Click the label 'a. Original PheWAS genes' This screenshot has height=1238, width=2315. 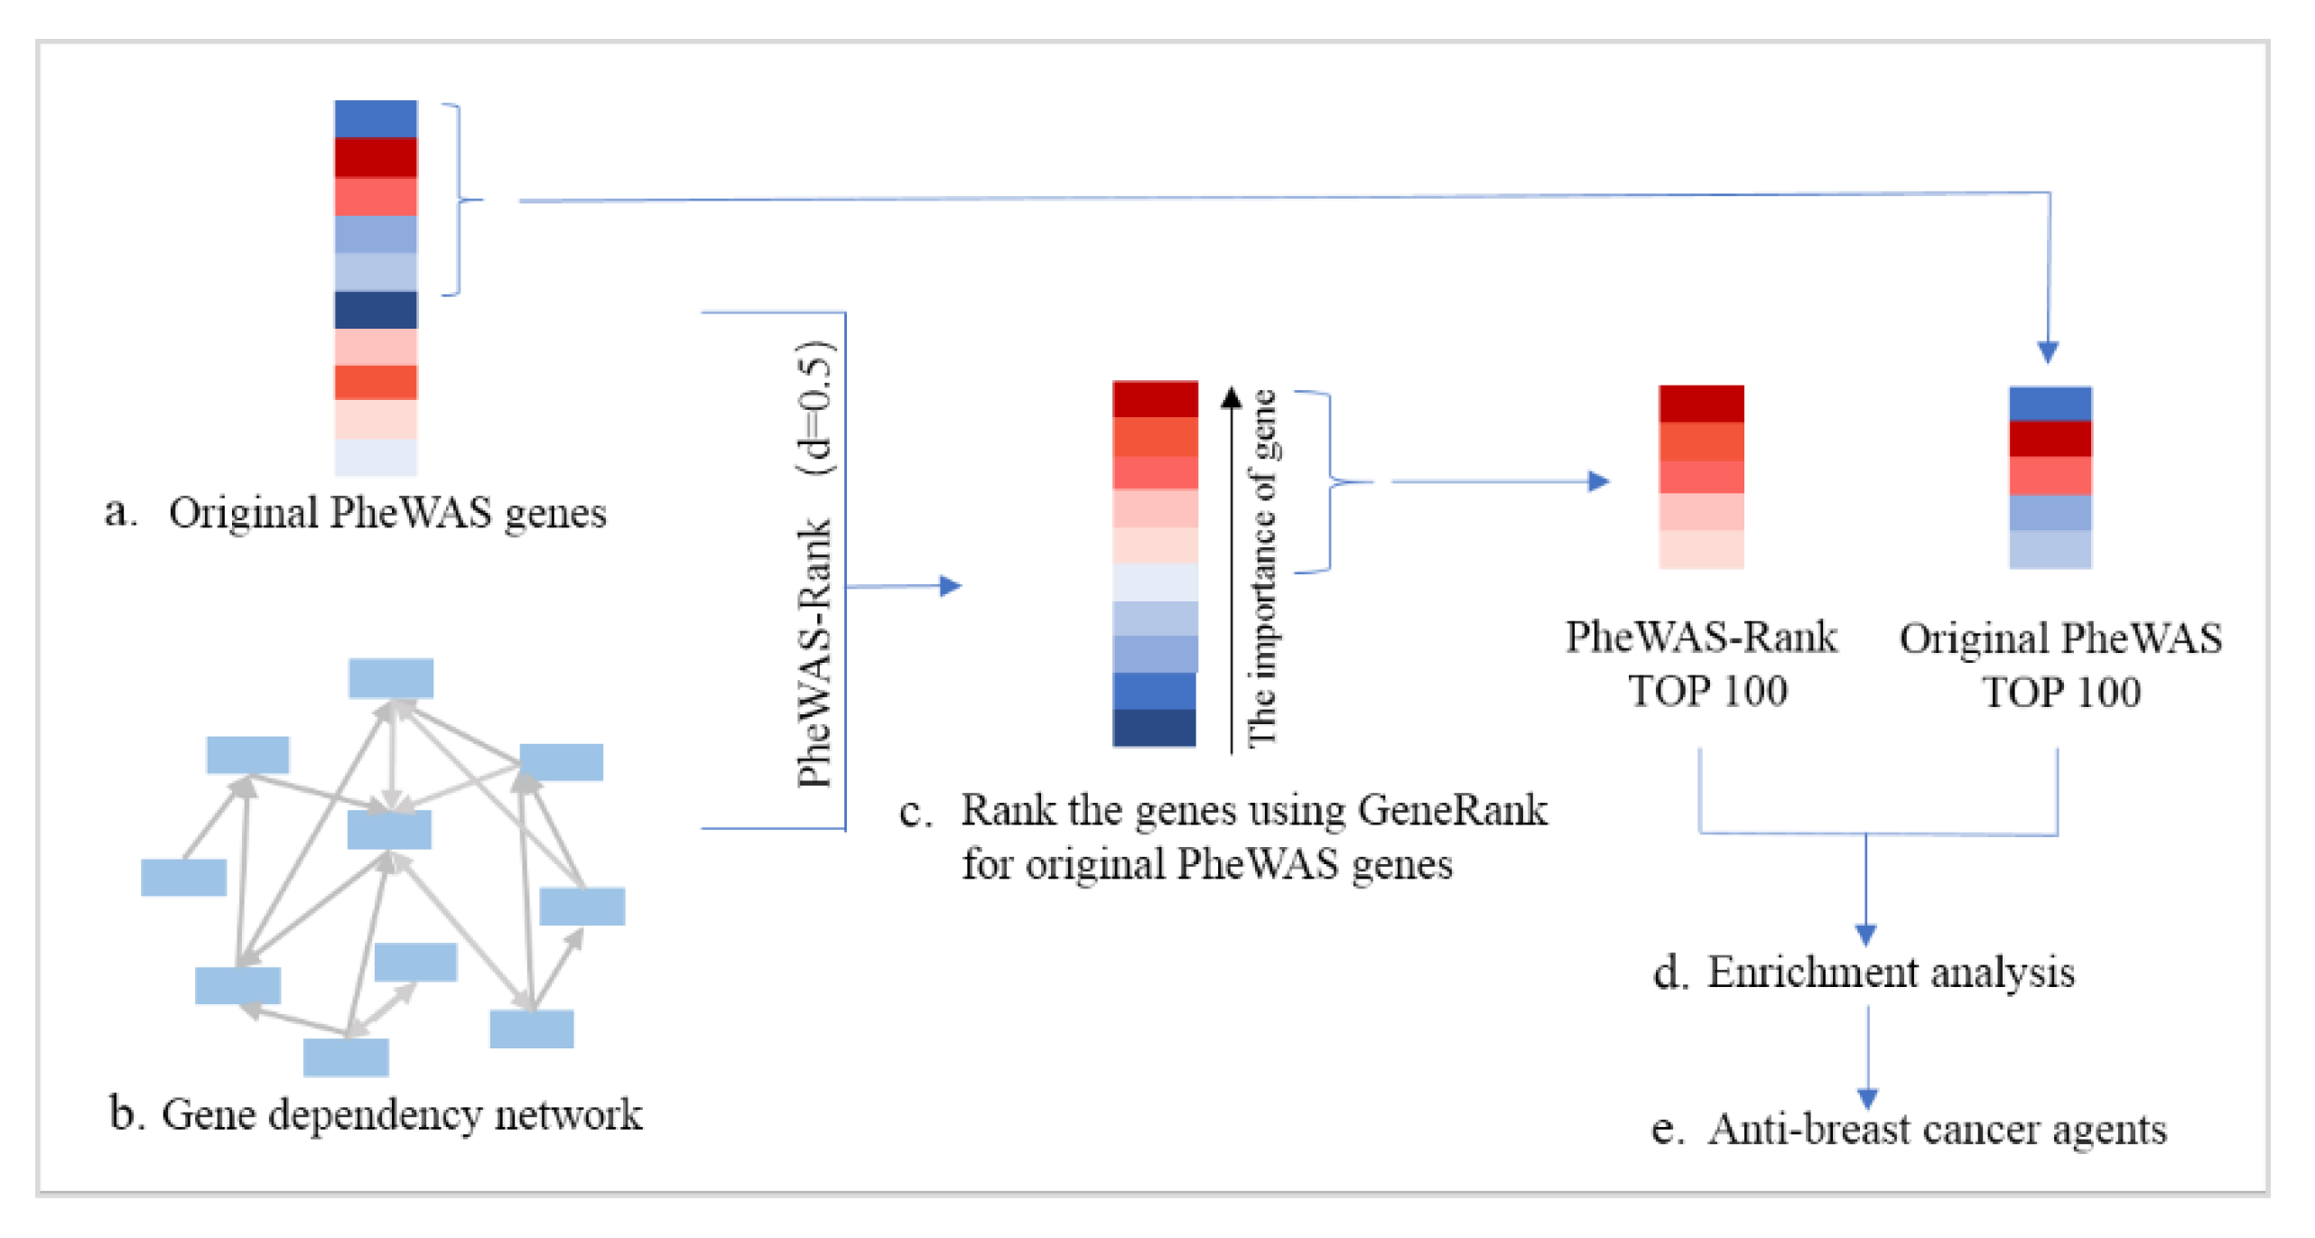[x=356, y=513]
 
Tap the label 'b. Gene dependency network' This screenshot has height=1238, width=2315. [x=375, y=1114]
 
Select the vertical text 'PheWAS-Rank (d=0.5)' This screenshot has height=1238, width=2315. [x=815, y=564]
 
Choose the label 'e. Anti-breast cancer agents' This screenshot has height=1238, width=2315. [x=1909, y=1130]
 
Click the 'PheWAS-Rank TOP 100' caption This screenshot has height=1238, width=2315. [x=1701, y=664]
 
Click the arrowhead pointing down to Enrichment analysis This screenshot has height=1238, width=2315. [x=1866, y=935]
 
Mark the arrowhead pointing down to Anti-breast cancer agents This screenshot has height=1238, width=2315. [x=1868, y=1098]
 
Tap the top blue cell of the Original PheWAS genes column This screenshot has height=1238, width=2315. [x=376, y=118]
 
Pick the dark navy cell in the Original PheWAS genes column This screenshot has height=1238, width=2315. [x=376, y=310]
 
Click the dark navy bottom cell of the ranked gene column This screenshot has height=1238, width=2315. [x=1154, y=728]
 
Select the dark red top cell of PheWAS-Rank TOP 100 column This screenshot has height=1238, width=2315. [x=1701, y=404]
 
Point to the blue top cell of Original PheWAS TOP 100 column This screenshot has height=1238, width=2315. [x=2050, y=404]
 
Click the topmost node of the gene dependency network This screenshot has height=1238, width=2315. [x=391, y=678]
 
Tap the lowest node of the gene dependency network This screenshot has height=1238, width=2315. [x=346, y=1057]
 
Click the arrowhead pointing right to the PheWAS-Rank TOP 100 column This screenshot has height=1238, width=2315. [x=1598, y=481]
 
